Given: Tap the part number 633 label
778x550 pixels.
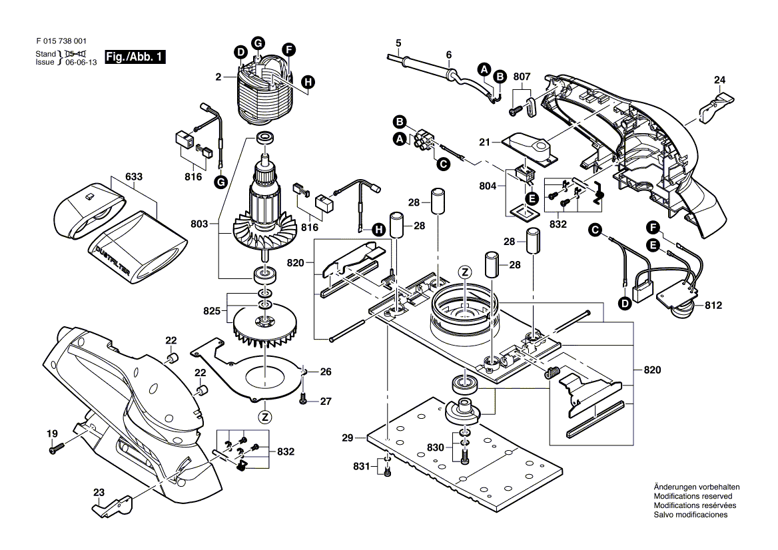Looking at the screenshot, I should click(134, 178).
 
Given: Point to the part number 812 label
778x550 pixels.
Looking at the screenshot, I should click(713, 306).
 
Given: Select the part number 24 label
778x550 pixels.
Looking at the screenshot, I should click(719, 81).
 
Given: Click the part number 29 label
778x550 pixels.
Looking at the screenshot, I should click(346, 437).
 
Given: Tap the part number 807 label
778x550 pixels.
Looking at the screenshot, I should click(522, 77).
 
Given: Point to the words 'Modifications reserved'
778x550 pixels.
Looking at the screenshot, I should click(693, 497).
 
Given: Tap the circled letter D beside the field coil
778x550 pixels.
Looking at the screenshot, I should click(239, 52).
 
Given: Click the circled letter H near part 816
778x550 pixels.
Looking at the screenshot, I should click(378, 230).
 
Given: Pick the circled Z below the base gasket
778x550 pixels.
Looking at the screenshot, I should click(265, 417).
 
